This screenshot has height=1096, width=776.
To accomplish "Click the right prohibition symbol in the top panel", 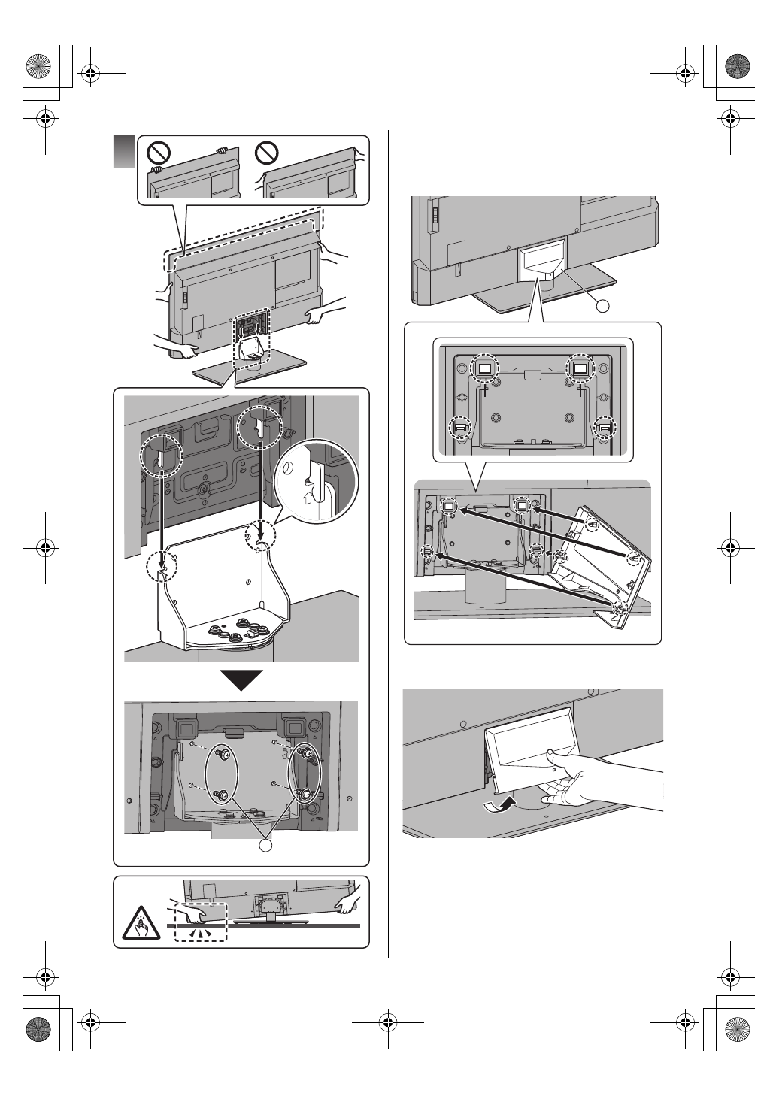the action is tap(267, 154).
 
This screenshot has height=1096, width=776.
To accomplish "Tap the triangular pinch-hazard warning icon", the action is tap(141, 922).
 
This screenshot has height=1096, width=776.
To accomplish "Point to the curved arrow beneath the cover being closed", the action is tap(501, 806).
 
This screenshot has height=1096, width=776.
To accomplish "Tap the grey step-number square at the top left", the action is tap(124, 152).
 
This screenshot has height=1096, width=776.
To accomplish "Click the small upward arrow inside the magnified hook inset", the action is tap(306, 497).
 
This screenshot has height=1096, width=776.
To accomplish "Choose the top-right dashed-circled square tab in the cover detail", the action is tap(579, 368).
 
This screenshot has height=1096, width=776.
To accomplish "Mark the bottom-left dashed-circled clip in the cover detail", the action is tap(461, 428).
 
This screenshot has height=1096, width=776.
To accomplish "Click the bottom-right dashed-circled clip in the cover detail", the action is tap(604, 428).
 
